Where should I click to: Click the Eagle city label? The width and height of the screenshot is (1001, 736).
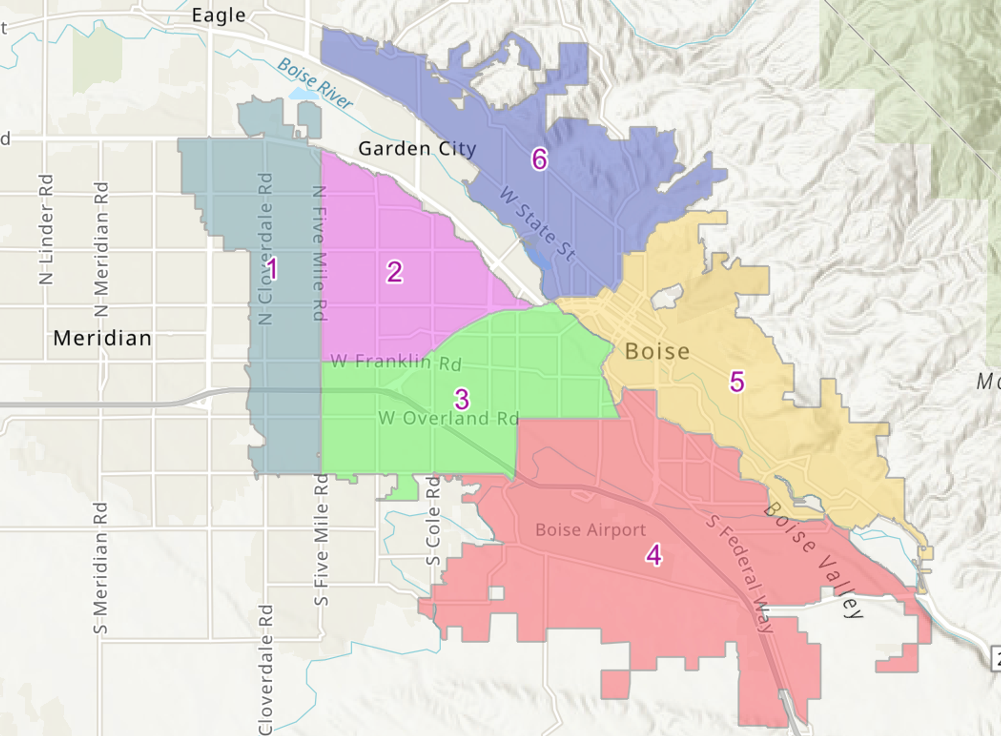pos(218,15)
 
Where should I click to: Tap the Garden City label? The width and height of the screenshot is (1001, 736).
pos(417,149)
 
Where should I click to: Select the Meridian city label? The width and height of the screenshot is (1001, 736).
pos(102,338)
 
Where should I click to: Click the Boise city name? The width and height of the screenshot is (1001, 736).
pos(657,351)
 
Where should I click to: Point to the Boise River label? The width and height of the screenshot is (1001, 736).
pos(315,83)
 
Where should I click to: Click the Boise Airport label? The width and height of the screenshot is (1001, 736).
pos(590,530)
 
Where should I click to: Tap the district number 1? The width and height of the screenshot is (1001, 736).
pos(272,269)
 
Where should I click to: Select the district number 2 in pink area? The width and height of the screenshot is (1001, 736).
pos(395,272)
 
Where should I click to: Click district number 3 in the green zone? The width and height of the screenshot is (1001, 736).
pos(461,400)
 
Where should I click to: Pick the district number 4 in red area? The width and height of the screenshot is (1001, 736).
pos(654,555)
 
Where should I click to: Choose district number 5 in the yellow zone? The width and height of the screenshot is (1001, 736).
pos(737,382)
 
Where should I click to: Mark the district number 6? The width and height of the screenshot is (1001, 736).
pos(540,159)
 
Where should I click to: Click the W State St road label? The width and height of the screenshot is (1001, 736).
pos(538,224)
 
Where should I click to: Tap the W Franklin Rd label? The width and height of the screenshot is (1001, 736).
pos(396,362)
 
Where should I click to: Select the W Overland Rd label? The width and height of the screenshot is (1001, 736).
pos(448,418)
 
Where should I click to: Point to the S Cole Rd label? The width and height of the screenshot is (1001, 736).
pos(433,521)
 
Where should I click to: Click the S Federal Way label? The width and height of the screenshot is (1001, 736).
pos(740,573)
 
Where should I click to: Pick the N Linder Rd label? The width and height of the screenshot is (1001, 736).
pos(46,229)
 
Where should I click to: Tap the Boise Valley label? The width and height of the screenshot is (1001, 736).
pos(813,560)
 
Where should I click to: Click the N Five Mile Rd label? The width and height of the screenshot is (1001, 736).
pos(319,253)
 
